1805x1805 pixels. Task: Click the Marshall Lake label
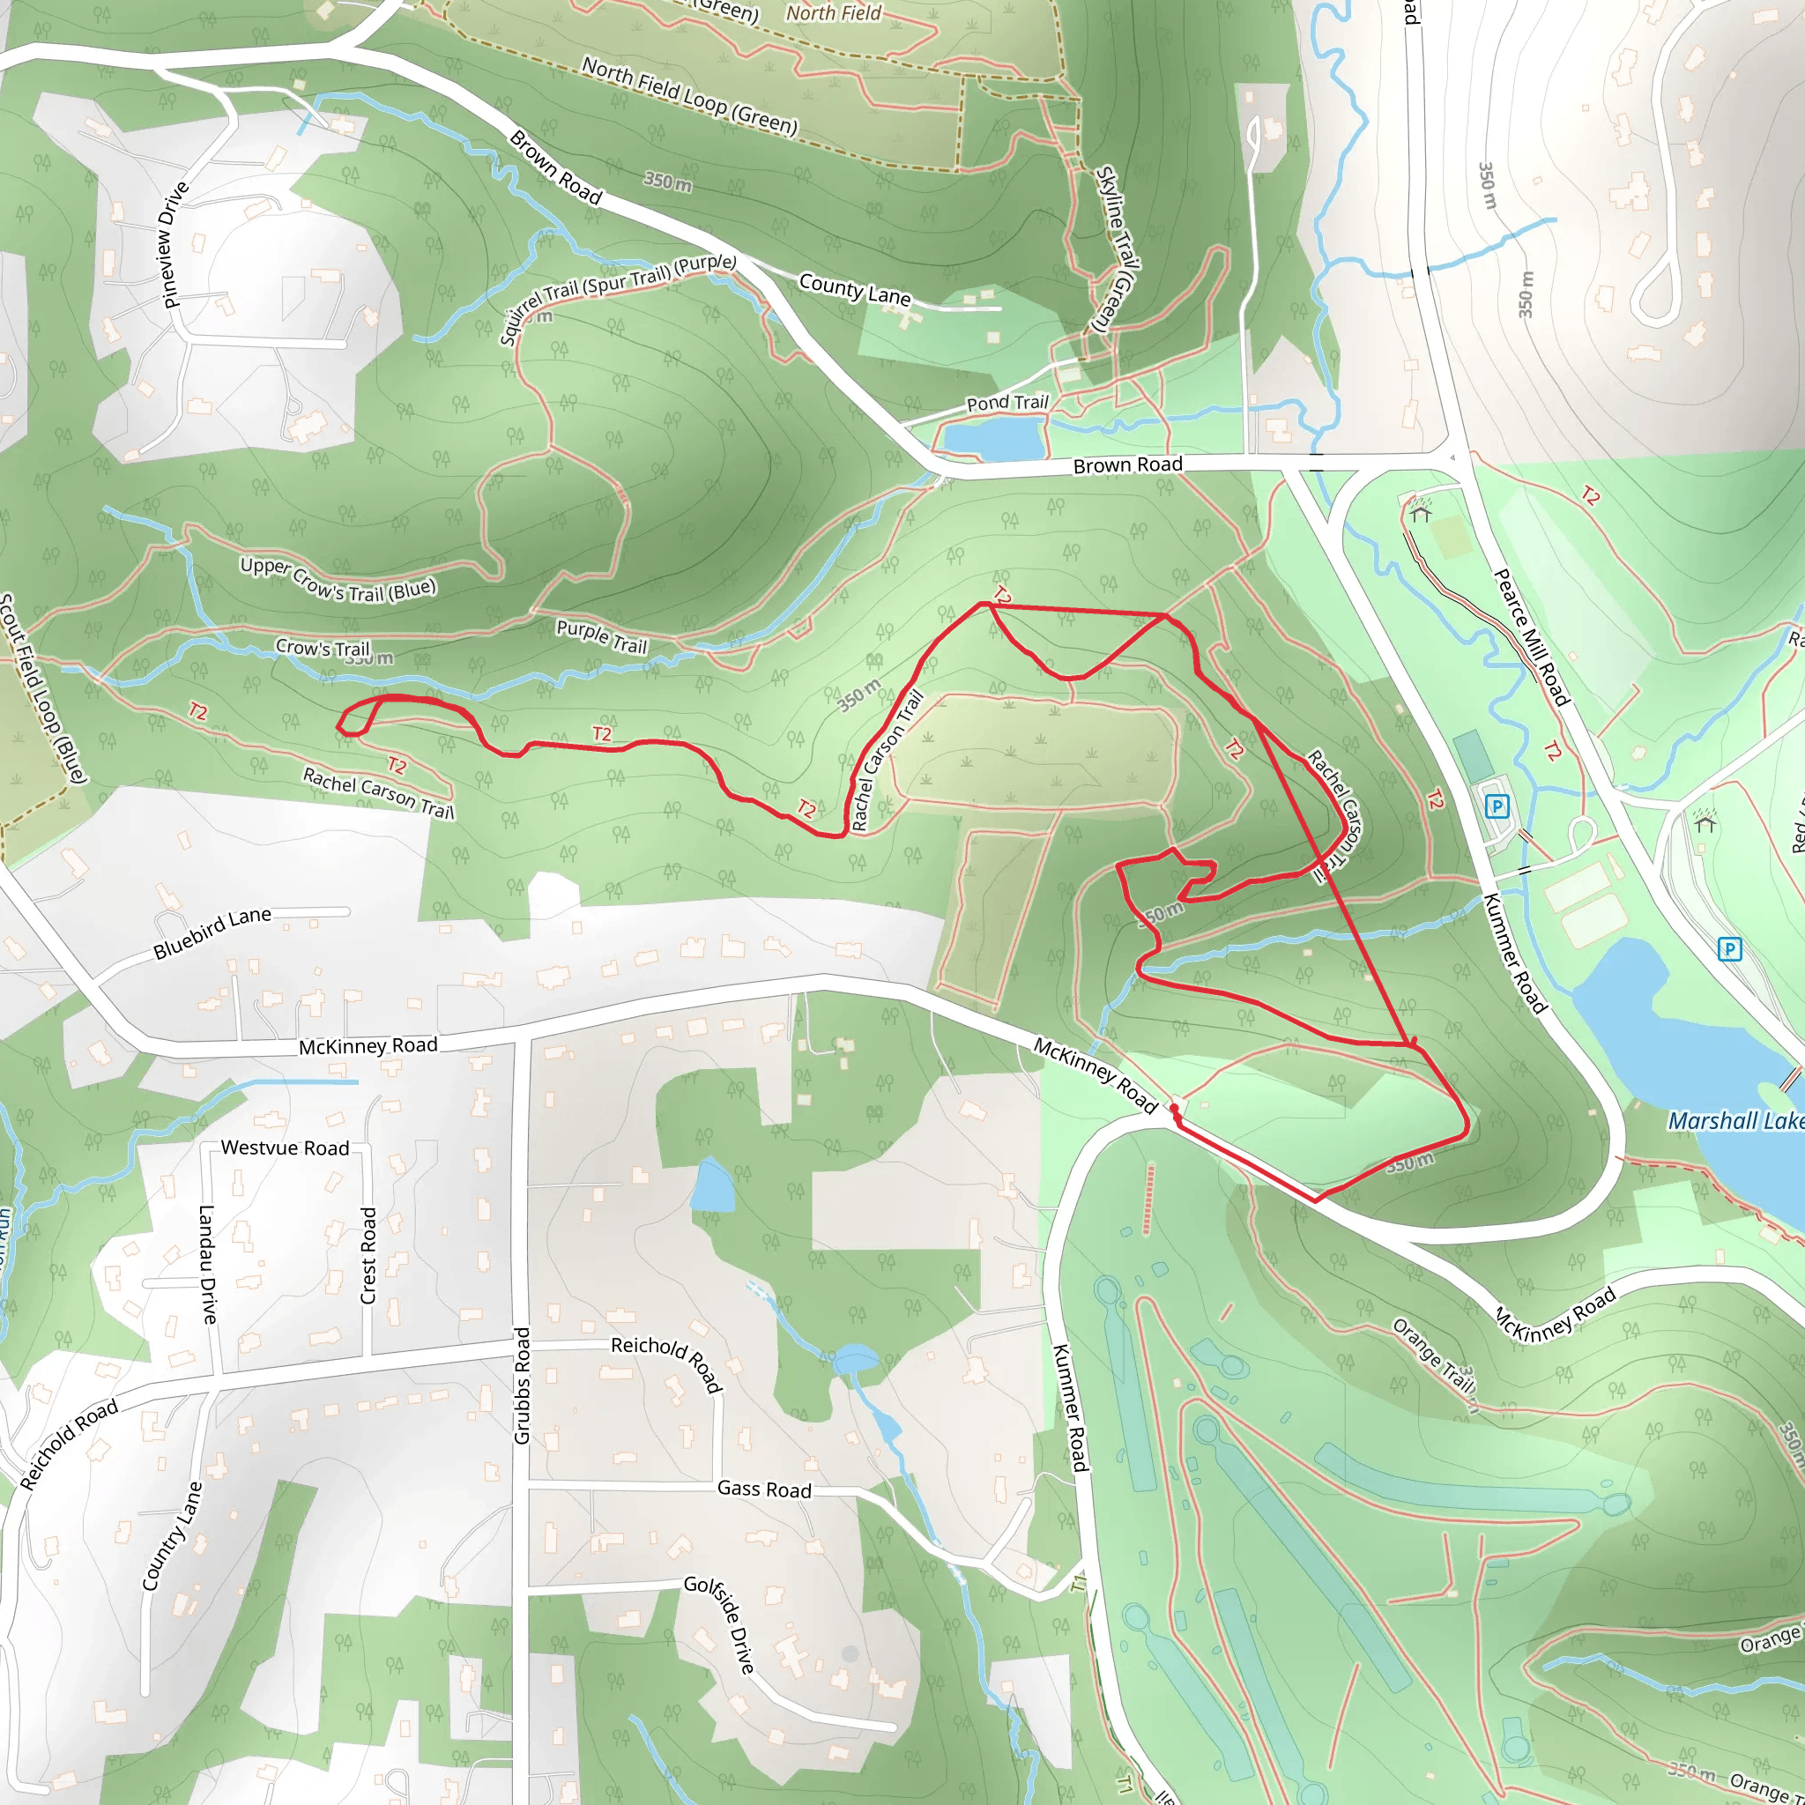1736,1121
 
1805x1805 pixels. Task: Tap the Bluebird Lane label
213,932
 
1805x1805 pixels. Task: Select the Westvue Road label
285,1148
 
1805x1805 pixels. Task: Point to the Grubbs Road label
523,1385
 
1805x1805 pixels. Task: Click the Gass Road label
764,1489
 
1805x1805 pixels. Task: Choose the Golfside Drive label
719,1623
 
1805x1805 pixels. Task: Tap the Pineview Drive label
175,245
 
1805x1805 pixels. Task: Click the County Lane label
854,289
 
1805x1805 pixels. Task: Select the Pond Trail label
1007,403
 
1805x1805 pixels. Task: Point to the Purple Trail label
602,636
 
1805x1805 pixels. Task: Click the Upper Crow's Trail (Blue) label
338,579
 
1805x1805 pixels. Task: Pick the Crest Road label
369,1256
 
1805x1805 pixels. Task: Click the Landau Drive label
207,1264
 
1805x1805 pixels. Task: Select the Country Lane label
172,1537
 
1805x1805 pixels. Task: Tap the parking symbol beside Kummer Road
1497,806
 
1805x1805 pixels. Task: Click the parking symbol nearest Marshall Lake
1730,950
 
